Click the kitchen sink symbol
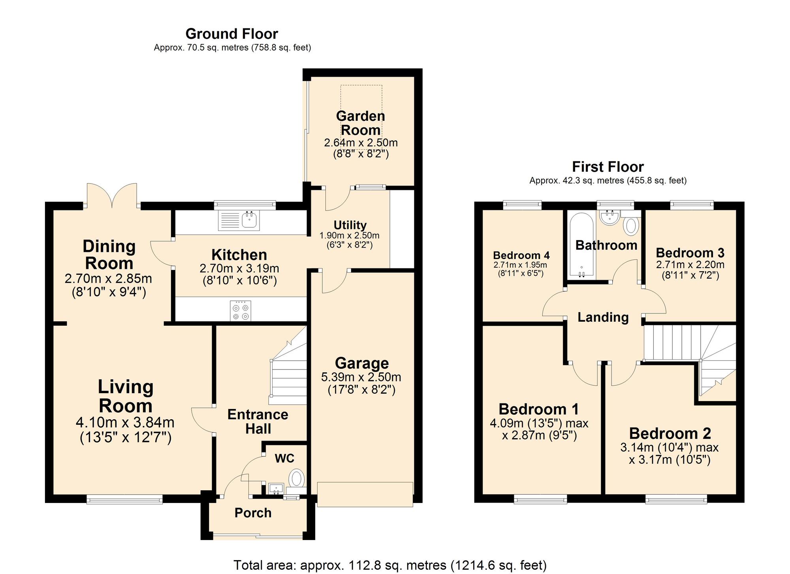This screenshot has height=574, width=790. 239,221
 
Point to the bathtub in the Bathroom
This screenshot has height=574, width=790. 581,245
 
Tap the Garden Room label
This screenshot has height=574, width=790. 360,123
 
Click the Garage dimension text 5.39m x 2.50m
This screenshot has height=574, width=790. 361,377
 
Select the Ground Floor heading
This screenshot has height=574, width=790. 232,34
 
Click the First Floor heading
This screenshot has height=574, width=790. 608,167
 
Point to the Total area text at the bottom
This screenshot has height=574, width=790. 390,565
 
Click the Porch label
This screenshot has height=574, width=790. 253,513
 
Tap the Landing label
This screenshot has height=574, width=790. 603,317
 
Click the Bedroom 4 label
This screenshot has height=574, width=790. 521,255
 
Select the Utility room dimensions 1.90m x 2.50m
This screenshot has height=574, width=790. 349,236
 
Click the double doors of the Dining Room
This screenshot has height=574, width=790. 112,195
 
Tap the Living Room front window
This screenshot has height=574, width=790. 124,500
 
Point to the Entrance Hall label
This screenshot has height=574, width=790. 258,421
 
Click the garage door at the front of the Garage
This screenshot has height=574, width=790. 365,494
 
